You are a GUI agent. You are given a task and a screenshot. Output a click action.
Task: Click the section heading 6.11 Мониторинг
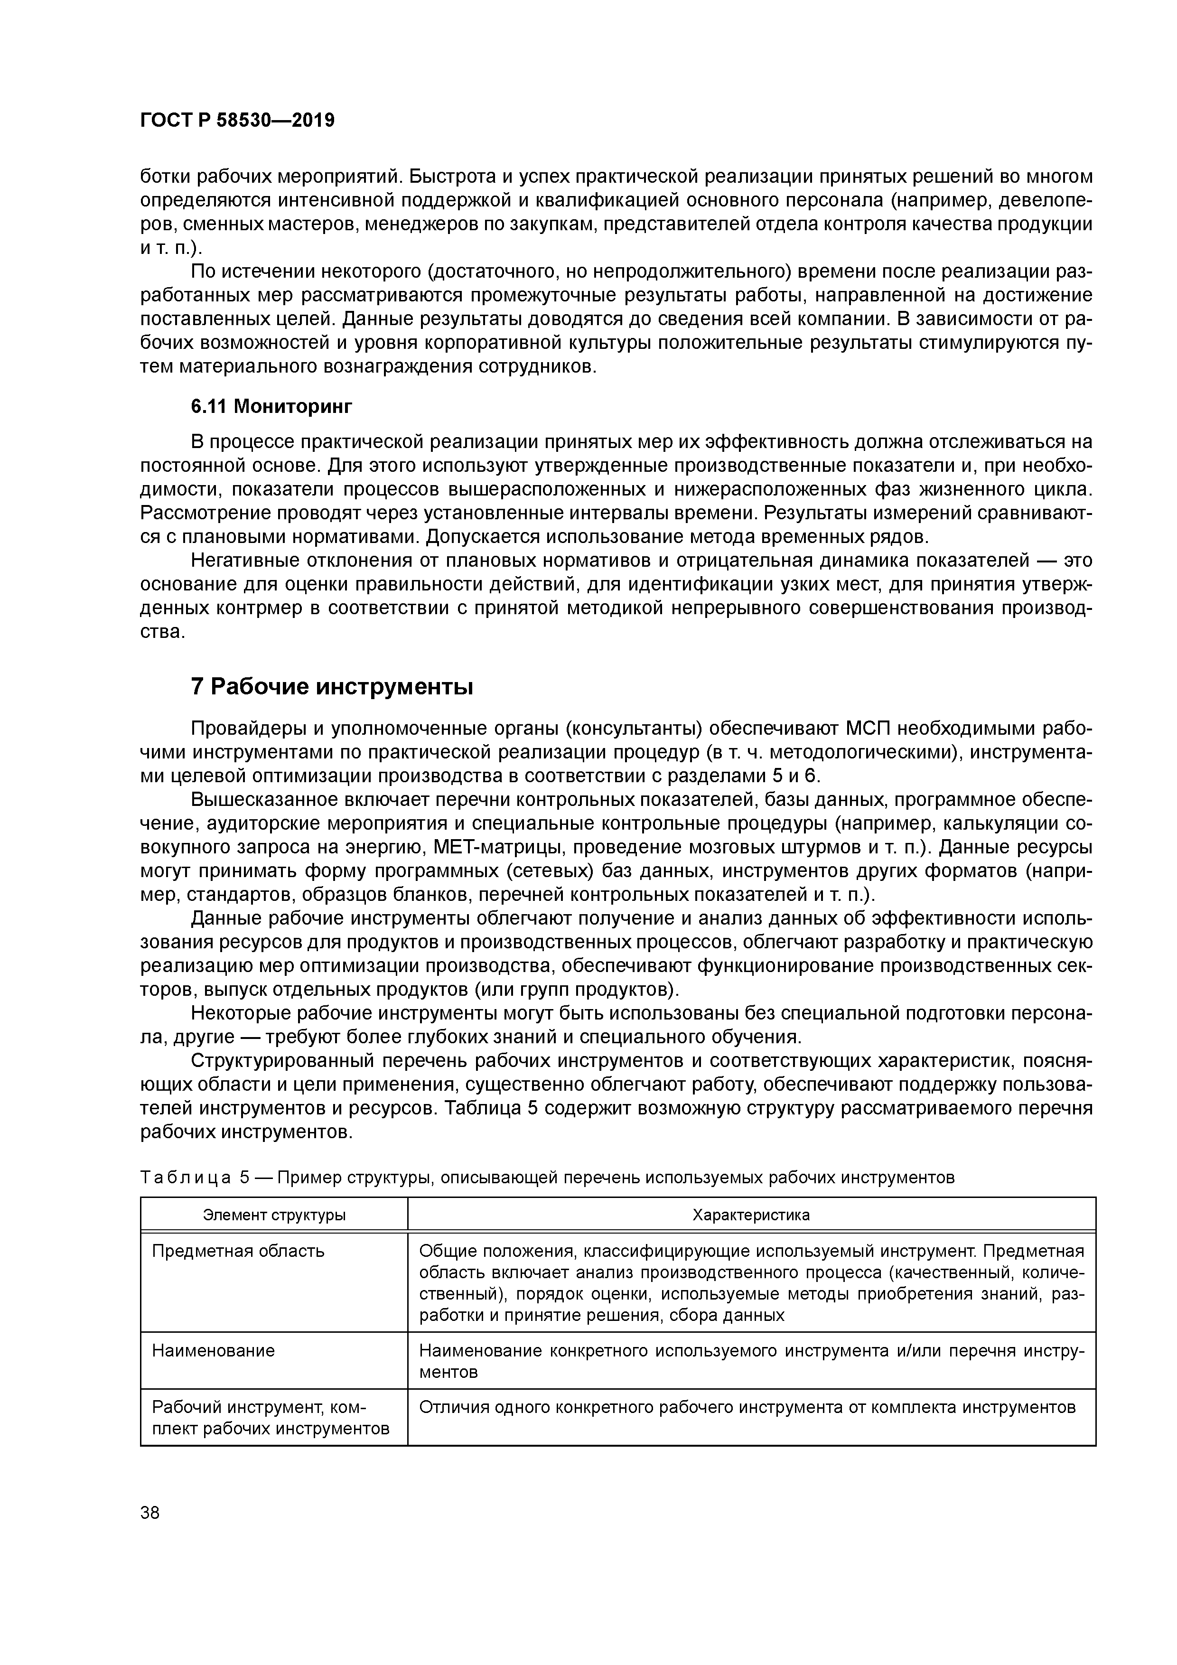[x=271, y=407]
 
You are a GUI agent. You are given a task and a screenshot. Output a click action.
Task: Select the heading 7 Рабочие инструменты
[x=331, y=686]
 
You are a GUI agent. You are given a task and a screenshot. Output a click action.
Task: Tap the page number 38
[x=150, y=1513]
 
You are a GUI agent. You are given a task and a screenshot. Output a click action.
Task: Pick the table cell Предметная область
[x=238, y=1251]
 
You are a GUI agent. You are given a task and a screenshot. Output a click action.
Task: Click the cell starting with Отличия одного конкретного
[x=747, y=1408]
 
